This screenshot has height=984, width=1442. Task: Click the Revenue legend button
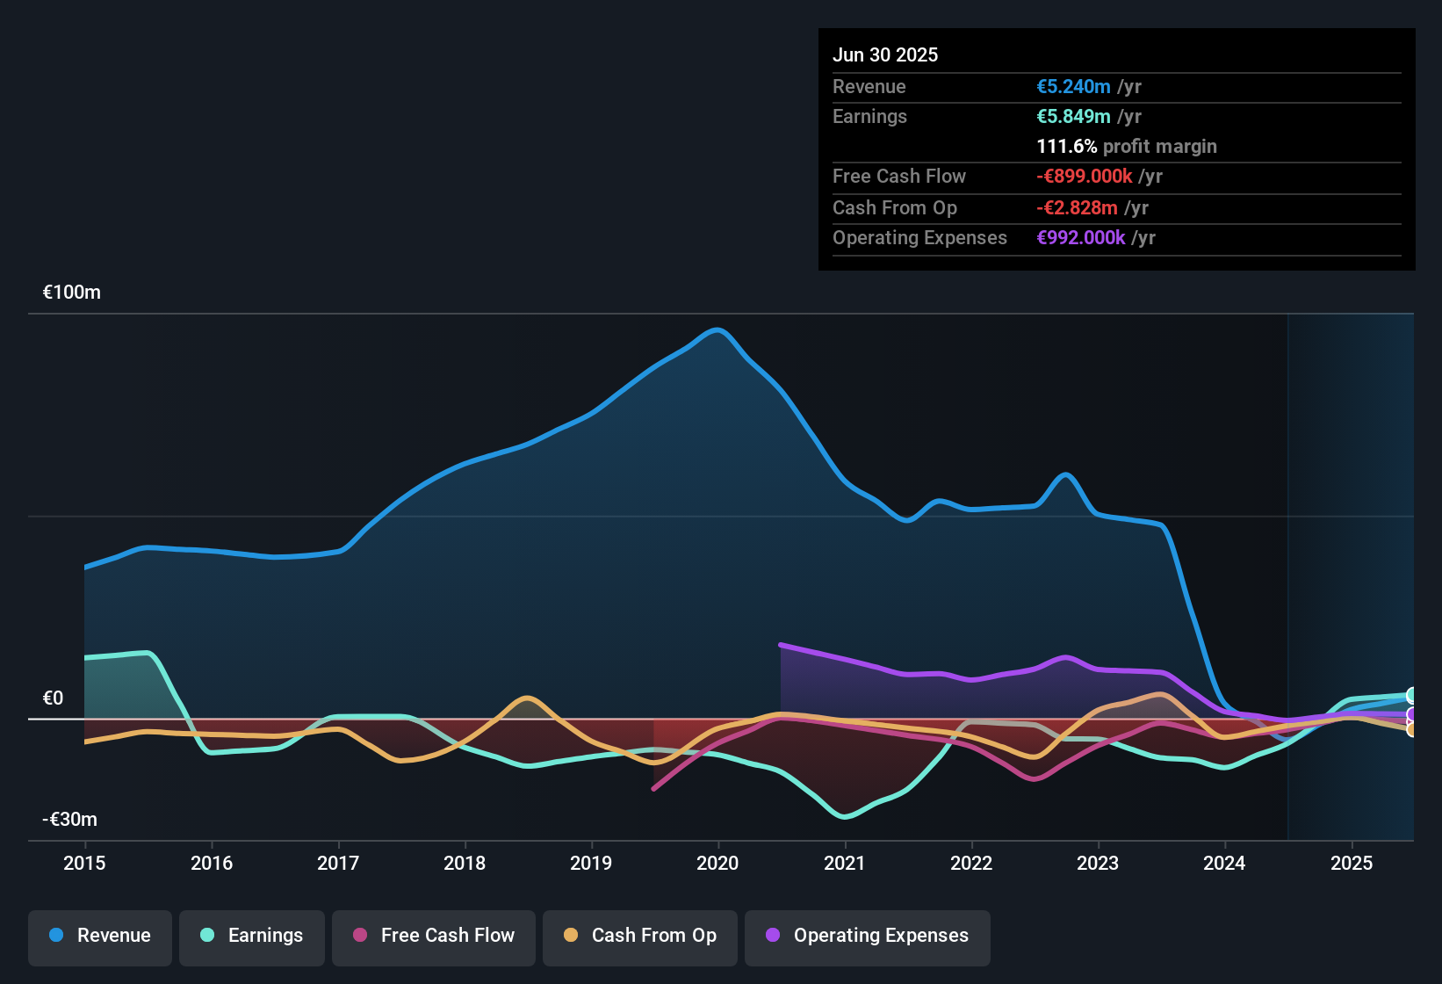point(100,936)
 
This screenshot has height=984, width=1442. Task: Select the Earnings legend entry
point(252,936)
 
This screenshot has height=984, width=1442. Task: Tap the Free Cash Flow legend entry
point(434,936)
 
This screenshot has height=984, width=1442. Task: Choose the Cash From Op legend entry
point(640,936)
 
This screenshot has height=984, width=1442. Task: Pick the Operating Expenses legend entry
point(868,936)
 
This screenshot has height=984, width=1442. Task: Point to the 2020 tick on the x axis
point(717,863)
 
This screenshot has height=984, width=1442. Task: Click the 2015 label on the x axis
point(84,863)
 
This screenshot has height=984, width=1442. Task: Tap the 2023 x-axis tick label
point(1098,863)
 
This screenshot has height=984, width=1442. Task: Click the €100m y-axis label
point(72,293)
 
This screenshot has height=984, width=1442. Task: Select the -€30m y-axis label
point(70,820)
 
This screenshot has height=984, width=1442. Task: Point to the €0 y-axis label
point(54,698)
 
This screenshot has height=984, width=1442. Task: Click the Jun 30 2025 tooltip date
point(885,55)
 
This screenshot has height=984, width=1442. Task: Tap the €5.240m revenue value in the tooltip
point(1073,87)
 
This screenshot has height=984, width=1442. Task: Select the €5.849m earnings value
point(1073,117)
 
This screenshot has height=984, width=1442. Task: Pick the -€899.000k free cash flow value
point(1085,177)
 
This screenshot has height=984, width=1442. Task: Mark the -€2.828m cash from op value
point(1077,208)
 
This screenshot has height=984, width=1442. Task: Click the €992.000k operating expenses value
point(1081,238)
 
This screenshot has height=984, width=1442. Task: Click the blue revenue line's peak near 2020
point(718,330)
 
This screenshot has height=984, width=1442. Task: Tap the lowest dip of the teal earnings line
point(845,817)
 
